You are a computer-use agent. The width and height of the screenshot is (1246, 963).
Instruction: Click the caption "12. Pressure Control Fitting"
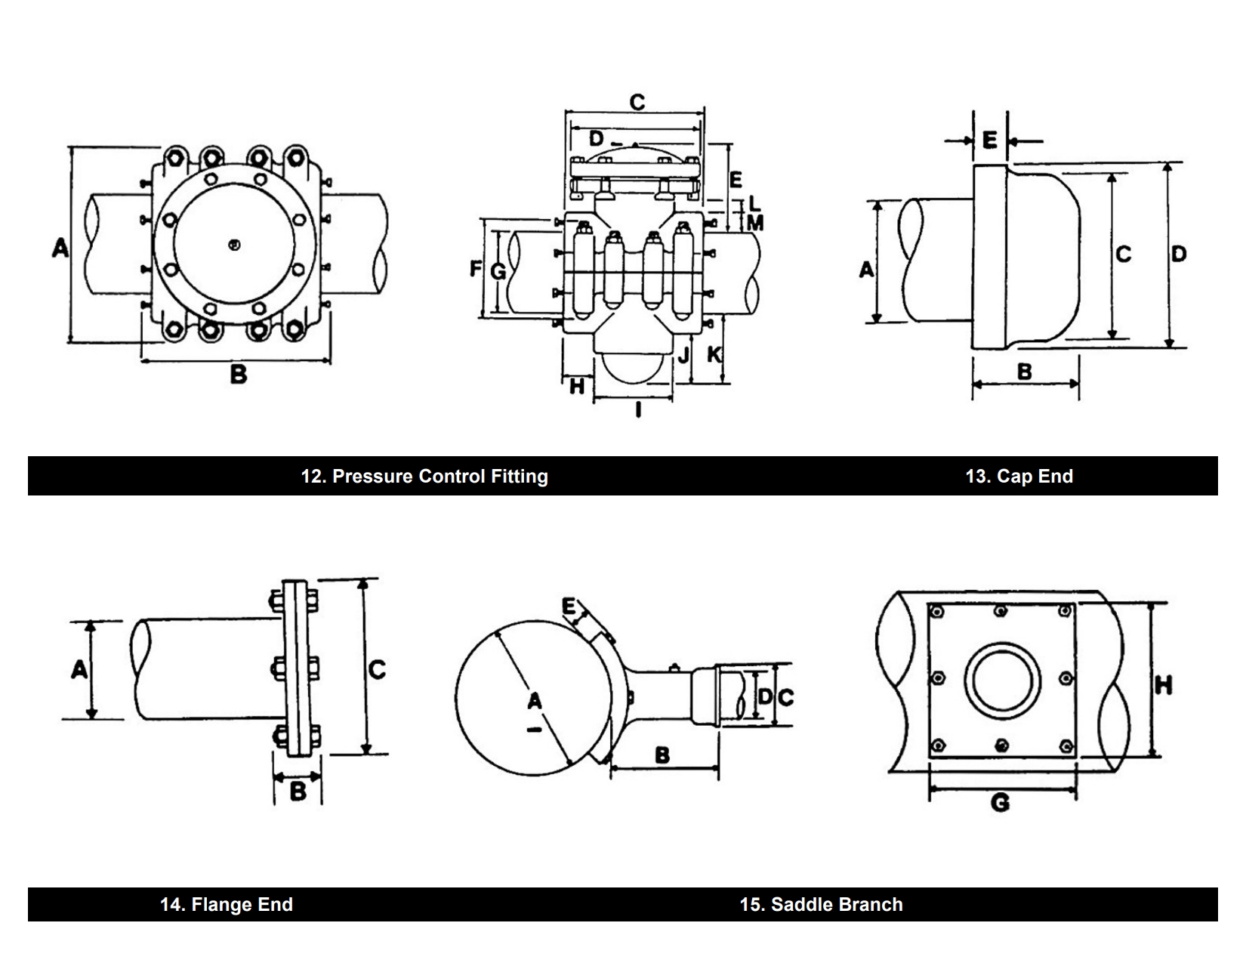coord(424,476)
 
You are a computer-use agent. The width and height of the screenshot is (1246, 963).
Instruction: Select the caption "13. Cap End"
coord(1019,476)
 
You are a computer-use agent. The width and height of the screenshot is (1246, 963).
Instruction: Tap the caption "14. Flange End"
coord(226,904)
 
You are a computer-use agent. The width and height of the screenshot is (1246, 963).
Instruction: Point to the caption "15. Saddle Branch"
coord(821,904)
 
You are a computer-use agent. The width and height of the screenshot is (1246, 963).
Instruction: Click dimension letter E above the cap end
coord(990,140)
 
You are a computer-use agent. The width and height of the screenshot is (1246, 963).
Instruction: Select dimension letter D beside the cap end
coord(1179,254)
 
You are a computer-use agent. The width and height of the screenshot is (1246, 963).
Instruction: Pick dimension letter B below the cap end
coord(1025,372)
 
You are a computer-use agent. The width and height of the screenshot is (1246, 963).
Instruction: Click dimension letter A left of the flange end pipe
coord(79,669)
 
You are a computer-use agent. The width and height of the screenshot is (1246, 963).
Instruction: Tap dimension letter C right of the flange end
coord(377,669)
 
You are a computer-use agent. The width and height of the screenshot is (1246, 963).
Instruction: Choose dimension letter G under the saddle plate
coord(1000,802)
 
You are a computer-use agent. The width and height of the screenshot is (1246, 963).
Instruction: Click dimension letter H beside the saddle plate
coord(1164,685)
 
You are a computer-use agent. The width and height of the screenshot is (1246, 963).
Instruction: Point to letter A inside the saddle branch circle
coord(534,702)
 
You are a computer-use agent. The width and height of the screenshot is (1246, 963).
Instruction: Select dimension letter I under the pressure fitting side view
coord(638,409)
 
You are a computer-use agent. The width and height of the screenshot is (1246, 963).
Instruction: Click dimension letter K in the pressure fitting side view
coord(714,353)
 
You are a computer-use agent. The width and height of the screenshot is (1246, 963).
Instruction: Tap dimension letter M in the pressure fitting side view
coord(754,223)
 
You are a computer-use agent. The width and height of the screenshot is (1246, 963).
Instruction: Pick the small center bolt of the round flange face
coord(234,244)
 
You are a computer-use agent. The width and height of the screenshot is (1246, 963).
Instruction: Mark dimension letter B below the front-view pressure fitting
coord(238,374)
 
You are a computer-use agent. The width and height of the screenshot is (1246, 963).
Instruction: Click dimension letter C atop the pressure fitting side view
coord(637,102)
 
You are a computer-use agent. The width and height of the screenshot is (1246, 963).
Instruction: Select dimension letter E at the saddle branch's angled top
coord(569,606)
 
